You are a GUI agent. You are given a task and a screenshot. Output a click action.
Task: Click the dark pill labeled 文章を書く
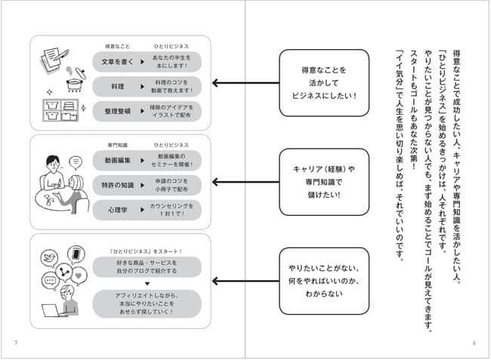[116, 60]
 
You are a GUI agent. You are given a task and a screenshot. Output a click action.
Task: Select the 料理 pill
[116, 85]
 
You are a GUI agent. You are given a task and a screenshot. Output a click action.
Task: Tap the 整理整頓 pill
[116, 110]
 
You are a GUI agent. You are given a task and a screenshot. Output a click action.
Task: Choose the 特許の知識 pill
[116, 184]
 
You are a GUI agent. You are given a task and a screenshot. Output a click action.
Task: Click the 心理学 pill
[116, 209]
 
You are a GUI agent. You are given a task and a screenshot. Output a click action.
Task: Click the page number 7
[16, 343]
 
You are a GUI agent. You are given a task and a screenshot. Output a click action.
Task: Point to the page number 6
[474, 343]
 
